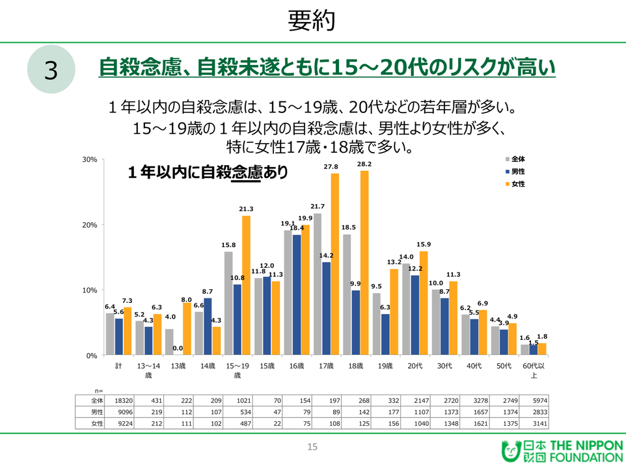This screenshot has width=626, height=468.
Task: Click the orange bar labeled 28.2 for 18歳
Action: point(364,263)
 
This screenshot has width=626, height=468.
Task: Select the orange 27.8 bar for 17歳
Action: point(335,264)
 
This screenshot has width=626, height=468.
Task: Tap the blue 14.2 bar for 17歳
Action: point(326,308)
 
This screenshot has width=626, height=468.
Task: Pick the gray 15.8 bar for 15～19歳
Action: point(228,303)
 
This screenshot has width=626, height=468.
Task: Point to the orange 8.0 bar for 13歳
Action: point(187,329)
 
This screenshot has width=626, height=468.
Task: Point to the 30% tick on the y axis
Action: point(89,159)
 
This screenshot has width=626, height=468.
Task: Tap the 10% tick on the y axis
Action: point(89,290)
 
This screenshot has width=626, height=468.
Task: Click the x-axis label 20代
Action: point(415,366)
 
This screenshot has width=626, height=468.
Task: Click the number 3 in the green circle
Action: point(51,70)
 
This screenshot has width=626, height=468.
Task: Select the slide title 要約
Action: point(312,21)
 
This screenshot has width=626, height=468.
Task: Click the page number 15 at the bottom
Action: point(312,447)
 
